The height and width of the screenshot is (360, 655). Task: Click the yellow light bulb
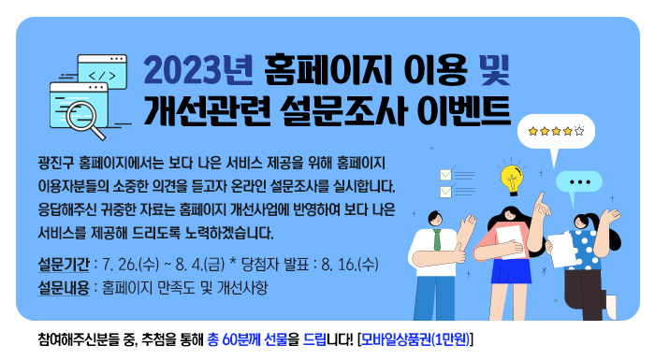point(511,178)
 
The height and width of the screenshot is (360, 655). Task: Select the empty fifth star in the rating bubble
point(579,131)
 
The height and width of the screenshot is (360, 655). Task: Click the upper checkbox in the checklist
point(445,174)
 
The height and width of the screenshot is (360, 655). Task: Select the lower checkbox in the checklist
point(445,193)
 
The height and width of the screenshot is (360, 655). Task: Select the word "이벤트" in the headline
point(464,108)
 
